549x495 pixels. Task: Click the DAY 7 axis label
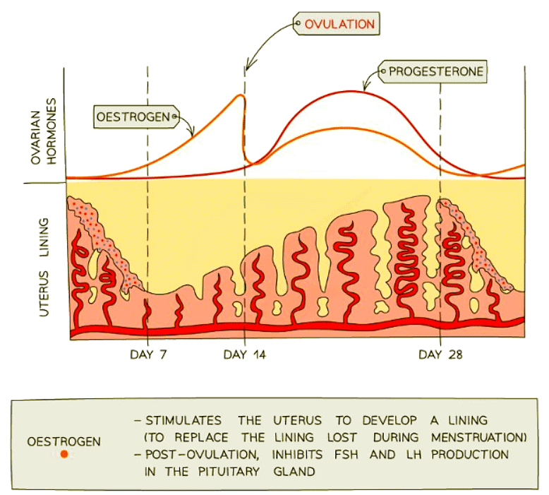coord(148,354)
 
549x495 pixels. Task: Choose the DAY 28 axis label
coord(440,354)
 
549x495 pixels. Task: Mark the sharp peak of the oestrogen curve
coord(241,95)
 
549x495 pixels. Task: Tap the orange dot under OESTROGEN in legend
coord(64,455)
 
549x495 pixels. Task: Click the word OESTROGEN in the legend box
coord(64,442)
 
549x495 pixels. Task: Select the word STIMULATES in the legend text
coord(179,420)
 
